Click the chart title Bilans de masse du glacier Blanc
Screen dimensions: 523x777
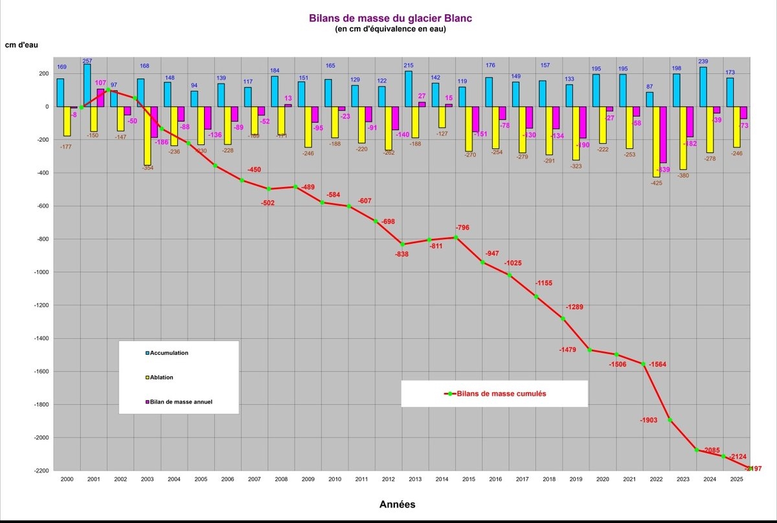click(x=390, y=18)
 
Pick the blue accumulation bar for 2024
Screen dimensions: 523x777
click(x=703, y=87)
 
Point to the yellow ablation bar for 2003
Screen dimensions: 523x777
click(x=148, y=136)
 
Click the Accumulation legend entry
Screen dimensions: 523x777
click(x=167, y=353)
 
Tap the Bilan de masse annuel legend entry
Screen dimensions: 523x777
click(x=179, y=402)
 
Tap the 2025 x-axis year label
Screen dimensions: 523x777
click(x=737, y=480)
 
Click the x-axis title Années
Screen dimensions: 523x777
click(x=397, y=504)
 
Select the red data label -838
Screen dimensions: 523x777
click(x=402, y=254)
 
